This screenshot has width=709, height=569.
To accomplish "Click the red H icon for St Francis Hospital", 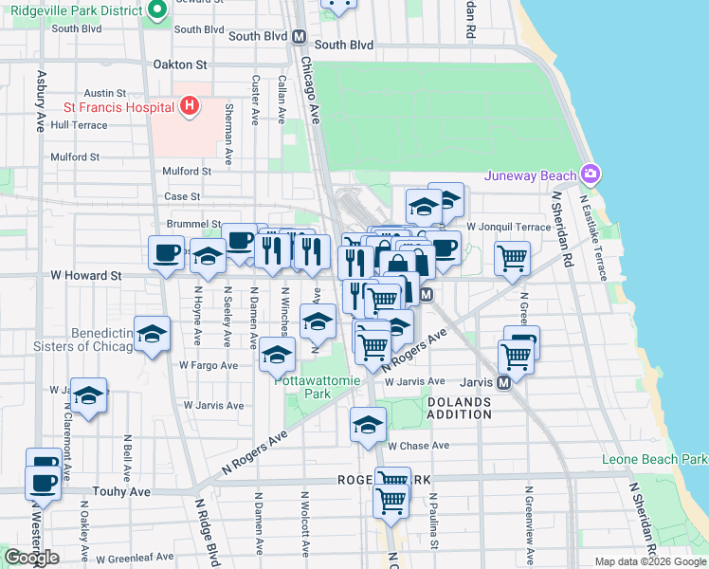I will [190, 105].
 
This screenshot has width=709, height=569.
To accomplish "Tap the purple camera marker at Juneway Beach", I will [592, 174].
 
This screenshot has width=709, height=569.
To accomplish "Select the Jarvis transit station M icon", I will [504, 381].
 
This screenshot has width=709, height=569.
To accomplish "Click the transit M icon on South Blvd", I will [299, 37].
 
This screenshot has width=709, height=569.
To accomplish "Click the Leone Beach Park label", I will [654, 460].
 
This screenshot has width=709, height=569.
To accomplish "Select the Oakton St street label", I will [179, 64].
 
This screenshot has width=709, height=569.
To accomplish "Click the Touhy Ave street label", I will [121, 492].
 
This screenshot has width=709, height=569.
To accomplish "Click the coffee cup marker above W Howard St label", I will [167, 253].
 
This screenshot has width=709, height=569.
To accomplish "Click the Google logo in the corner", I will [31, 558].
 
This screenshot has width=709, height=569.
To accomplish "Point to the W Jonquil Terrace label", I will [508, 228].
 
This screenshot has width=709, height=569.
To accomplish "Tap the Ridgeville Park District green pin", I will [157, 12].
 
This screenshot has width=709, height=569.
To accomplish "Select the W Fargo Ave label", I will [209, 364].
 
